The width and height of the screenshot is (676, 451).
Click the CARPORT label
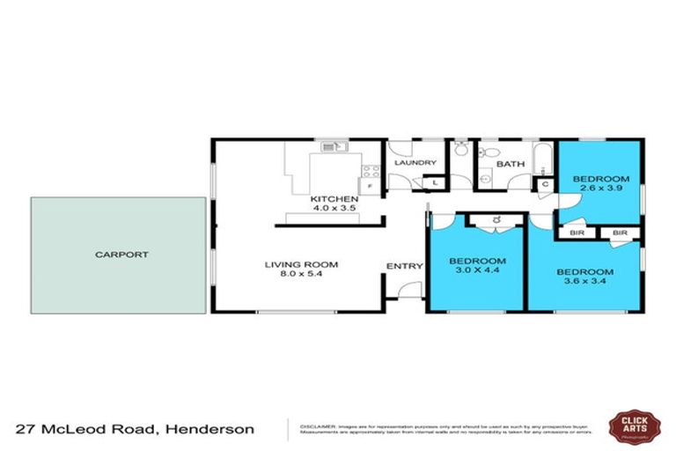pos(122,255)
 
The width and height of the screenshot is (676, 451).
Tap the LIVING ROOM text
pos(302,264)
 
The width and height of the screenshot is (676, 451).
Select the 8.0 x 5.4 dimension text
pos(302,275)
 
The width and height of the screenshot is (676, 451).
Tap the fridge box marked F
pos(371,187)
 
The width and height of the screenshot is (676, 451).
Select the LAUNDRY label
pos(415,163)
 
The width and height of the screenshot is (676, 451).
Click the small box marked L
pos(436,182)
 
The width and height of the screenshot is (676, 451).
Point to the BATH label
pos(510,164)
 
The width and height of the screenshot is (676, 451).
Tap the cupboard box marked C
pos(544,184)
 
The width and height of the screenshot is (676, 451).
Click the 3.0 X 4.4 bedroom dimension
pos(477,272)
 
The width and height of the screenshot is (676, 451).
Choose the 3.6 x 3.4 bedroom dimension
pos(584,282)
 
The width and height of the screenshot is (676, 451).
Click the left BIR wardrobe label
pos(577,233)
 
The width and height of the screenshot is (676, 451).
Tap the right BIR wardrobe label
pos(620,233)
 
